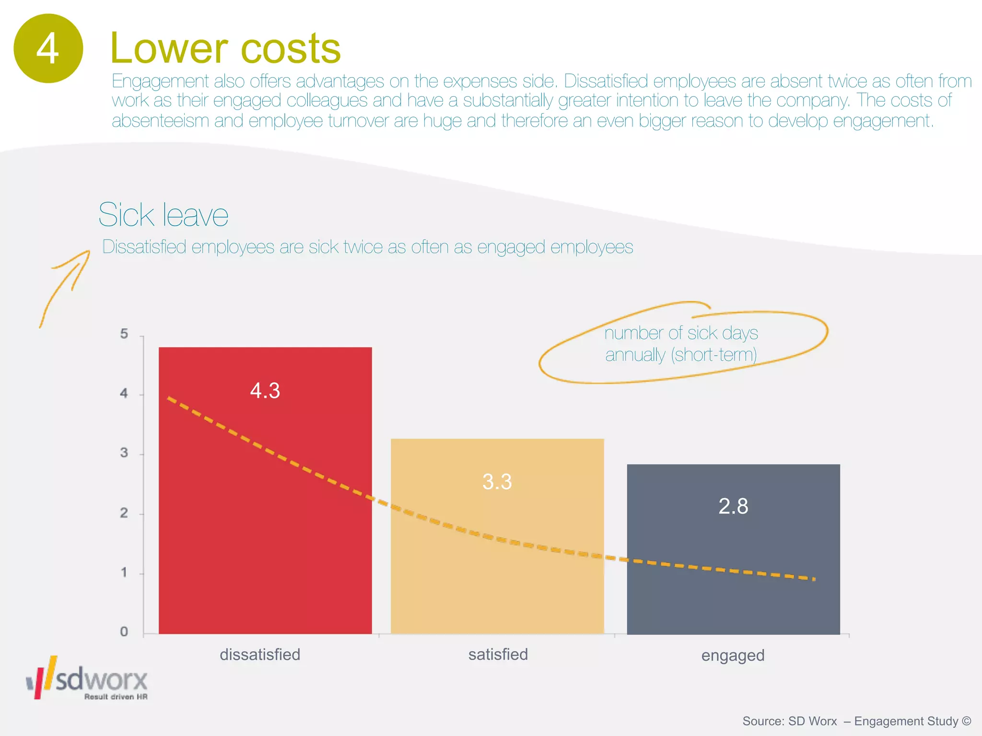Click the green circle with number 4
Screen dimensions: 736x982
coord(48,48)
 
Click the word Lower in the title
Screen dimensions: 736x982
coord(169,48)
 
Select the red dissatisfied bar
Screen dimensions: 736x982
coord(265,527)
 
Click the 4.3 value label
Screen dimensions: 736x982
coord(265,391)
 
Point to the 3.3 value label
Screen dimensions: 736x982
coord(497,482)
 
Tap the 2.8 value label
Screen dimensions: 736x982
coord(733,506)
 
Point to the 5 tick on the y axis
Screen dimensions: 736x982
coord(124,334)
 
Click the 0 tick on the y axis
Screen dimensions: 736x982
coord(124,632)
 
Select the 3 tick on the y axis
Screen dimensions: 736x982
coord(124,453)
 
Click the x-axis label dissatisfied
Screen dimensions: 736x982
coord(260,655)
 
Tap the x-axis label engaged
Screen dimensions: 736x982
coord(733,655)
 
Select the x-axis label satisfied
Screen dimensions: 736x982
coord(498,655)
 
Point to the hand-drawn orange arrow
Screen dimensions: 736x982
coord(65,287)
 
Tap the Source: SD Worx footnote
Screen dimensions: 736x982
coord(856,721)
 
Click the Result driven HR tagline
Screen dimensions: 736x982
coord(116,697)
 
